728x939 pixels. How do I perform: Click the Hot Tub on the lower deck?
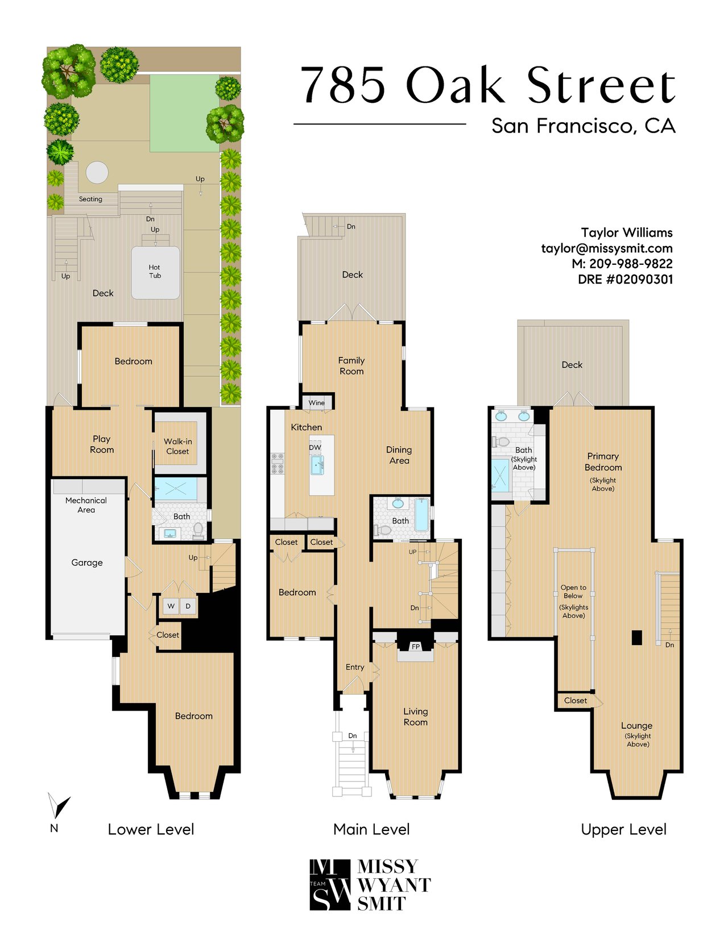pyautogui.click(x=155, y=272)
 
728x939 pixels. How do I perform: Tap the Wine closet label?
pyautogui.click(x=316, y=403)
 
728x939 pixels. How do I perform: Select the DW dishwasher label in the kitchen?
pyautogui.click(x=315, y=447)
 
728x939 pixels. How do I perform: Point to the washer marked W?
pyautogui.click(x=171, y=606)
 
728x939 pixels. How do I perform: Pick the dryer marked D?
pyautogui.click(x=188, y=606)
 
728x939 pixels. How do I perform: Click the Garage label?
pyautogui.click(x=87, y=563)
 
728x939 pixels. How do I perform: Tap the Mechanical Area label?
pyautogui.click(x=86, y=505)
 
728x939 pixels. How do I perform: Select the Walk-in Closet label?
pyautogui.click(x=177, y=446)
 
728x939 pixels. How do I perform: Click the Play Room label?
pyautogui.click(x=102, y=444)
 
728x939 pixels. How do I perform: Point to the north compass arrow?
pyautogui.click(x=59, y=805)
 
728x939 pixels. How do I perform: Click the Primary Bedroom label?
pyautogui.click(x=603, y=462)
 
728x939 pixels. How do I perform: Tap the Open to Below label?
pyautogui.click(x=573, y=592)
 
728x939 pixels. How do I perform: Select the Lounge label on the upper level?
pyautogui.click(x=636, y=725)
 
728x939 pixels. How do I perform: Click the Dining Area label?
pyautogui.click(x=399, y=455)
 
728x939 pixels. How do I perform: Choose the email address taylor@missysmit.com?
pyautogui.click(x=606, y=248)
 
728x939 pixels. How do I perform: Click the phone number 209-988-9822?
pyautogui.click(x=631, y=264)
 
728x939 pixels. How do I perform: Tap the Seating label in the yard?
pyautogui.click(x=90, y=199)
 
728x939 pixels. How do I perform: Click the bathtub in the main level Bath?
pyautogui.click(x=421, y=515)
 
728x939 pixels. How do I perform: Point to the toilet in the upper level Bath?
pyautogui.click(x=501, y=442)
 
